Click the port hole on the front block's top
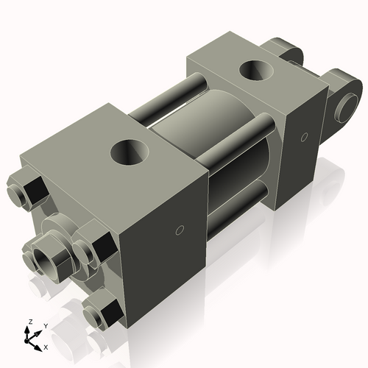point(130,153)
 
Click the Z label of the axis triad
point(29,322)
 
